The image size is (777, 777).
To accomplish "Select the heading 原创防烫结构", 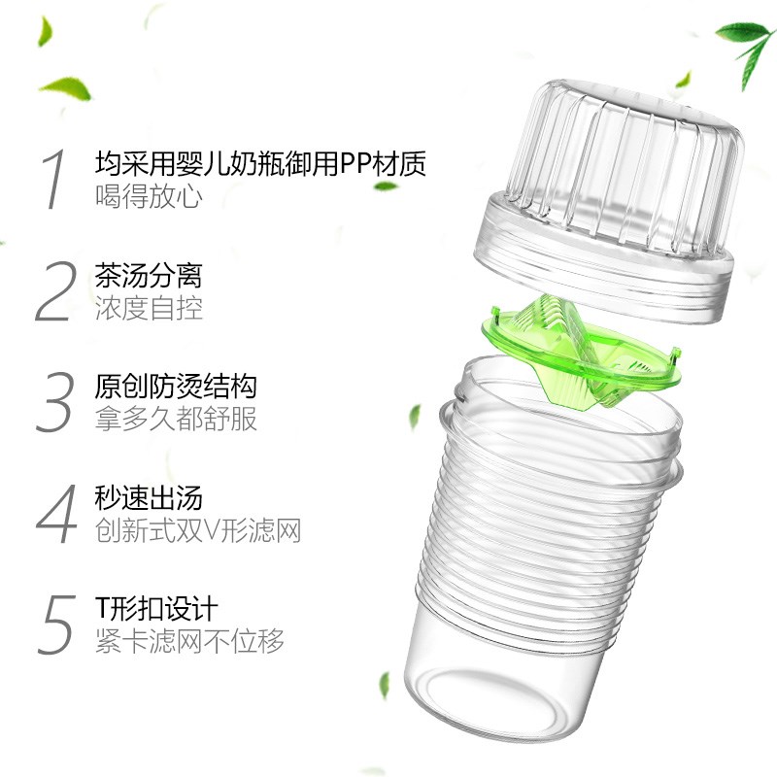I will click(x=176, y=387).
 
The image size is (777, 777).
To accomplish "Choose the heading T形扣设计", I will click(x=155, y=610).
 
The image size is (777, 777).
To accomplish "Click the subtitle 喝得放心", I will click(x=149, y=195).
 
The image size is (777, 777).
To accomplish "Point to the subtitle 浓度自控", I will click(x=149, y=308).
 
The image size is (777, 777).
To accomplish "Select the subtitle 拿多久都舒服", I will click(x=176, y=420).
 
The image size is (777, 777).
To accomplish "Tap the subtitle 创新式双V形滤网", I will click(x=198, y=531).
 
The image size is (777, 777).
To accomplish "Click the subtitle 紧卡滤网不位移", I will click(x=189, y=642).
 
